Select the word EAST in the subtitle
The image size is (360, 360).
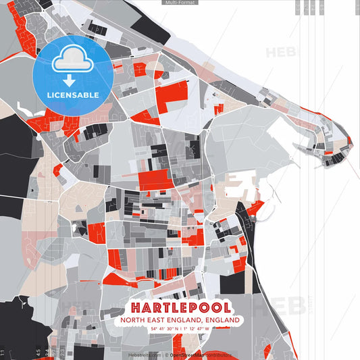(x=160, y=319)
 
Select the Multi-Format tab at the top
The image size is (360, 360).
(x=180, y=3)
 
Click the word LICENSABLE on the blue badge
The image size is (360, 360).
(x=72, y=95)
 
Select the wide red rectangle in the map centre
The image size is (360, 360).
(x=156, y=180)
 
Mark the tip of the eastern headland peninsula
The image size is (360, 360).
(x=349, y=143)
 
